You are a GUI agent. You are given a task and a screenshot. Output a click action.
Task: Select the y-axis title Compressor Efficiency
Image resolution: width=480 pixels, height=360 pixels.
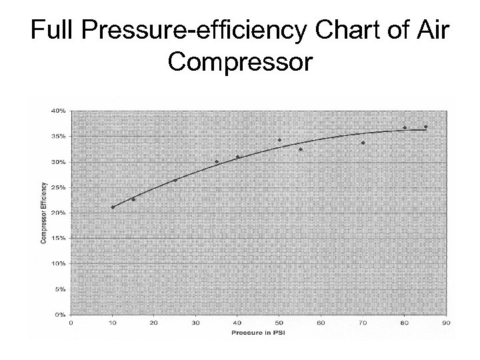[x=44, y=212]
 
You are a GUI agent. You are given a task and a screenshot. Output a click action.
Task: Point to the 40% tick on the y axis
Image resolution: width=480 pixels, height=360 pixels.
[x=59, y=111]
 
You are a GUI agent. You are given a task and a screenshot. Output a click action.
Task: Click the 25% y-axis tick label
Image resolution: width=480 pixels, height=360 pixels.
[x=59, y=187]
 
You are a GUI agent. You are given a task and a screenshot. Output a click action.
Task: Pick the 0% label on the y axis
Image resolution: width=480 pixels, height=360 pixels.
[x=61, y=314]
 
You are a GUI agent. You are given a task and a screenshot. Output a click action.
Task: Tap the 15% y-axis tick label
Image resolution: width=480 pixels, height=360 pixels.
[x=59, y=238]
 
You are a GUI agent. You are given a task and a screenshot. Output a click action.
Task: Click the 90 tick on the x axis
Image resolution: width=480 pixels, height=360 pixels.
[x=446, y=323]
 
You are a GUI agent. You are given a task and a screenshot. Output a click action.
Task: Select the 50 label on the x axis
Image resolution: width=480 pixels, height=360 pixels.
[x=279, y=323]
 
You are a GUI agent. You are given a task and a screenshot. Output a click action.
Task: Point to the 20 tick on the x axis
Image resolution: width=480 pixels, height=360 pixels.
[x=154, y=323]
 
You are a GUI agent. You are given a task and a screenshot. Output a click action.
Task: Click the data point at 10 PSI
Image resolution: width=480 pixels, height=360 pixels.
[x=113, y=207]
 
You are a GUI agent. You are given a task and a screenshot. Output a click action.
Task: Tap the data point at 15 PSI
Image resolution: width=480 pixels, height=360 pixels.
[x=133, y=199]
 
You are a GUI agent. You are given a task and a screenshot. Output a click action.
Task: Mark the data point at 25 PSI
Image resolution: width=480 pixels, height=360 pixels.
[x=175, y=180]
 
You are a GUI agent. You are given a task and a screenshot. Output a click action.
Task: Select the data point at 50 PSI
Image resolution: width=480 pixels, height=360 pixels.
[x=279, y=140]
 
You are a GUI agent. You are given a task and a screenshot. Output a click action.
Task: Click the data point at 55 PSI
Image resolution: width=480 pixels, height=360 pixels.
[x=301, y=149]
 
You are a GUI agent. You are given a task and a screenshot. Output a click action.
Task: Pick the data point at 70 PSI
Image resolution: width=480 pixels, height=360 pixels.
[x=363, y=143]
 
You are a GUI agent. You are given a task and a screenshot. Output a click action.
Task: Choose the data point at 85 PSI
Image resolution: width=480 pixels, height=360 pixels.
[x=425, y=127]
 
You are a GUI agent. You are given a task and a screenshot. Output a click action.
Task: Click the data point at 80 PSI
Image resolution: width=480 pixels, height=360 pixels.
[x=405, y=127]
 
